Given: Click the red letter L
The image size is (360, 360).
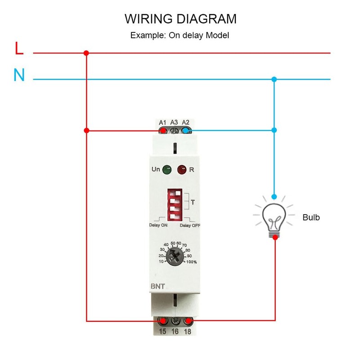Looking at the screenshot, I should (x=19, y=49).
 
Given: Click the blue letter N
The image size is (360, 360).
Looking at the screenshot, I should (x=19, y=75).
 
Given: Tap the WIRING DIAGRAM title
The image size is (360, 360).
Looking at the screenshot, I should (x=180, y=19).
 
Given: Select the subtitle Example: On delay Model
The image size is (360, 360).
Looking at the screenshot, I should (x=180, y=35).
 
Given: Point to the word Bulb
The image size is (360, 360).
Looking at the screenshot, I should (x=311, y=217).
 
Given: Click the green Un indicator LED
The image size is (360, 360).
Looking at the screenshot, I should (x=166, y=170).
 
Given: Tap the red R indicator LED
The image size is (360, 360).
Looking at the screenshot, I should (x=181, y=170).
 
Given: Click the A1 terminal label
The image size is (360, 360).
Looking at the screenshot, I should (x=163, y=122).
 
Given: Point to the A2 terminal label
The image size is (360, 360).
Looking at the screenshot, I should (x=186, y=122).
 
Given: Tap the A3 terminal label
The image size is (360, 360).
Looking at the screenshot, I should (x=175, y=122).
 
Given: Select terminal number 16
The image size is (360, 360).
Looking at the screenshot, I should (x=175, y=332).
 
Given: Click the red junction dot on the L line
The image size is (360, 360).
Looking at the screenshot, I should (x=86, y=53).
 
